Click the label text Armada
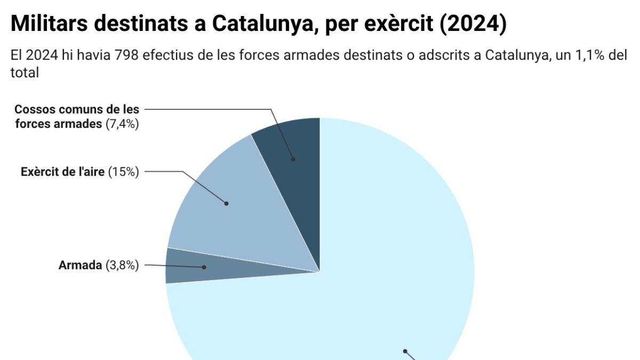coord(80,265)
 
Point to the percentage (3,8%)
coord(122,265)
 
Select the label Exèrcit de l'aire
coord(63,172)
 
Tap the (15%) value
coord(124,172)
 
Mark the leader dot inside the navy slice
coord(293,159)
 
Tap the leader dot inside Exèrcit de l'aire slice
coord(226,203)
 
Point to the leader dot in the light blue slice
coord(405,351)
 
